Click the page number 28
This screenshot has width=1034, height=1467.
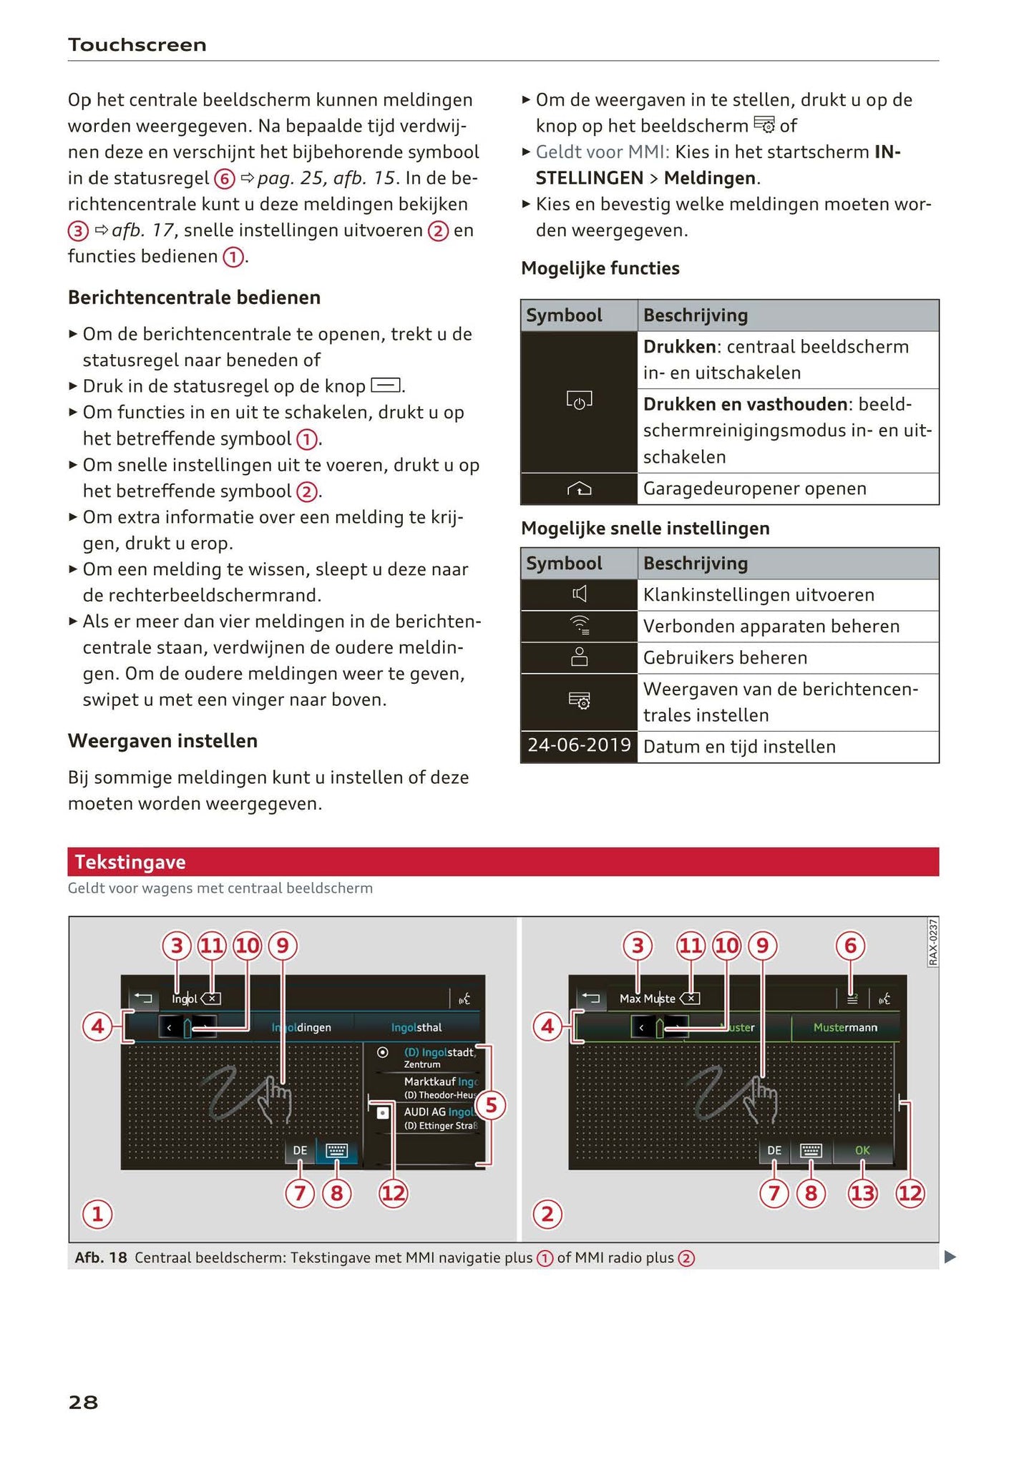83,1401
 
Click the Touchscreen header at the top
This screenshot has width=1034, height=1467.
137,45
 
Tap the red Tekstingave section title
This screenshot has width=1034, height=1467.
130,862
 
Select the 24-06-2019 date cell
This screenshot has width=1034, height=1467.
579,745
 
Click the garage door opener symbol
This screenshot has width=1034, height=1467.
579,489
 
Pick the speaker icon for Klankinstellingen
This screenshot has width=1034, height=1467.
579,594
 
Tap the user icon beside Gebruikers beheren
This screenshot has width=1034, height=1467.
579,657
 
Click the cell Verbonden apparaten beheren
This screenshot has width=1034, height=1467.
771,626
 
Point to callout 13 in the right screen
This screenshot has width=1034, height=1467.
862,1193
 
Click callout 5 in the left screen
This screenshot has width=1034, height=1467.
491,1105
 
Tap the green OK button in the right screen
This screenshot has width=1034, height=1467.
862,1150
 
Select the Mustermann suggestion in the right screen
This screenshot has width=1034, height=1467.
845,1027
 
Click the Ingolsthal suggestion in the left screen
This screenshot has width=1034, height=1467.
416,1027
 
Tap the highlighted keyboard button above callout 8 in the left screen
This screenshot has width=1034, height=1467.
336,1150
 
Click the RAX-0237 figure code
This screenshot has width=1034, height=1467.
933,943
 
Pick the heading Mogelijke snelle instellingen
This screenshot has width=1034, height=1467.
645,528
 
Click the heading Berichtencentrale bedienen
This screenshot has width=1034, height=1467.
194,297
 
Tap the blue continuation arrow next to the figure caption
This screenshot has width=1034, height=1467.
950,1257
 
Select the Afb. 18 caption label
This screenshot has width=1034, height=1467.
101,1257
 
